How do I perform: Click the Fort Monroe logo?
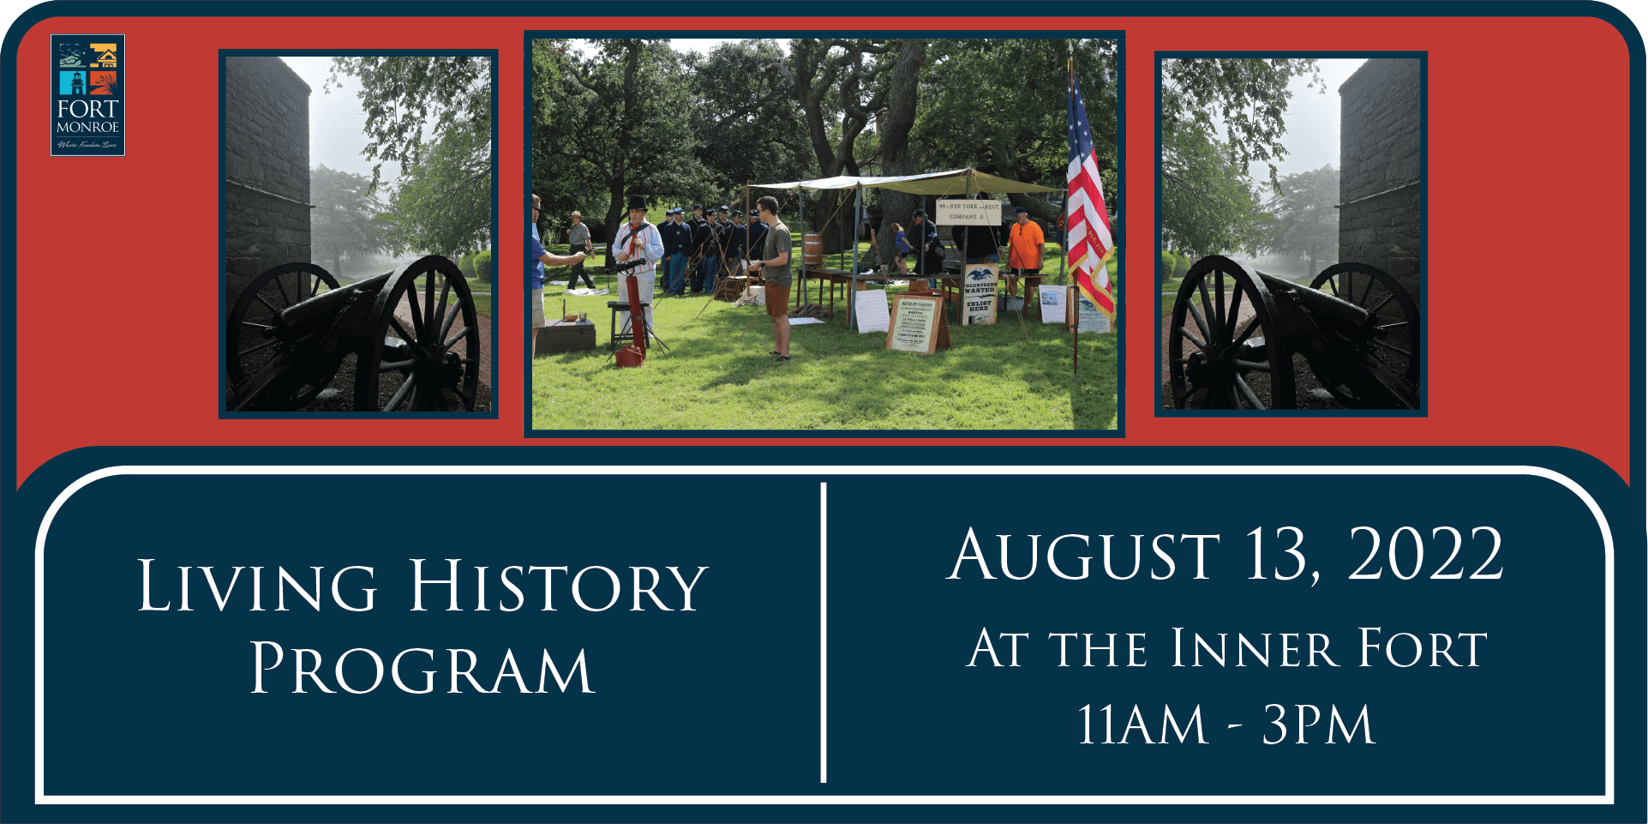87,95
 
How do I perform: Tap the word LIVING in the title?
257,587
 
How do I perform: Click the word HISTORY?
558,587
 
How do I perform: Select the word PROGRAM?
422,670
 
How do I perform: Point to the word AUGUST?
1084,555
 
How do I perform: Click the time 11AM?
1142,725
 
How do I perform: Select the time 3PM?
1319,725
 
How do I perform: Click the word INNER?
1255,648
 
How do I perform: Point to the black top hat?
638,203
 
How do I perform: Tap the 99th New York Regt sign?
968,211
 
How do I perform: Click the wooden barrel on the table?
812,250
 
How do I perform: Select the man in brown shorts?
776,274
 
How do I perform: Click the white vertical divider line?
824,633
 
